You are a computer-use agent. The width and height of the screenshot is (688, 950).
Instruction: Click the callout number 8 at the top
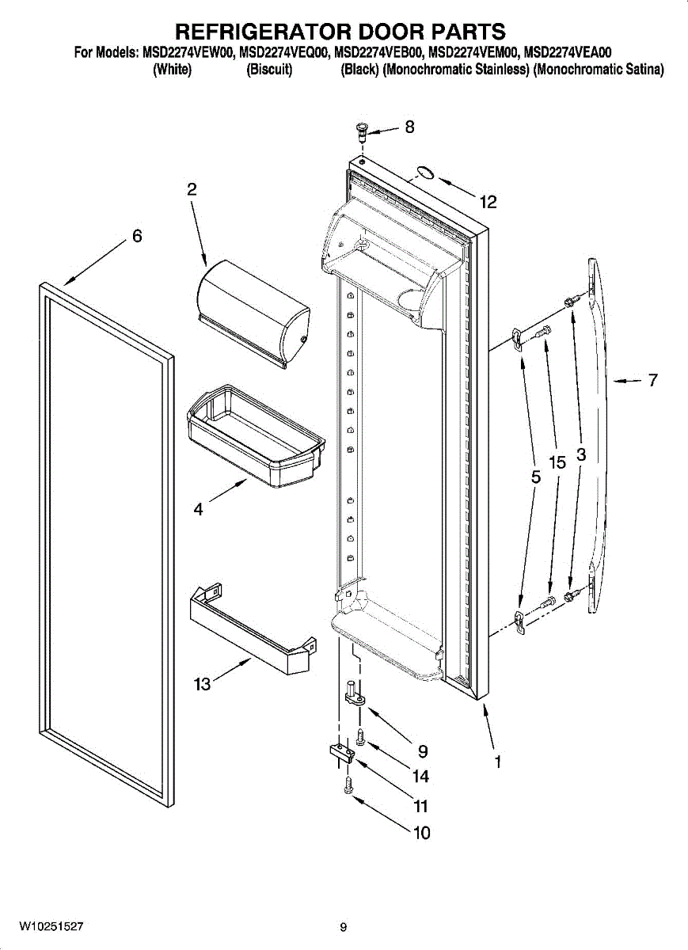pos(409,127)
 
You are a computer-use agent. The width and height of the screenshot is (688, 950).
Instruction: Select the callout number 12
pos(488,203)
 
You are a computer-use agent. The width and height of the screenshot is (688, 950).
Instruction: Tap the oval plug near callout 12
pos(425,173)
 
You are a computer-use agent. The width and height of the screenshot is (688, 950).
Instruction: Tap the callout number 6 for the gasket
pos(137,236)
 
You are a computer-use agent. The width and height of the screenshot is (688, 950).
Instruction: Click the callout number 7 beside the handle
pos(652,381)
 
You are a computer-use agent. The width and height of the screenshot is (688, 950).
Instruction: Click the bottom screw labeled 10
pos(348,785)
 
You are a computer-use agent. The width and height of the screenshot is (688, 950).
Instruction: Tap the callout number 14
pos(420,778)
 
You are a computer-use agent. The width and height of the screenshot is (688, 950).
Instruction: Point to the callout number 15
pos(557,462)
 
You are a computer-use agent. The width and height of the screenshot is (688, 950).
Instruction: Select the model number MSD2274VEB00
pos(380,54)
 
